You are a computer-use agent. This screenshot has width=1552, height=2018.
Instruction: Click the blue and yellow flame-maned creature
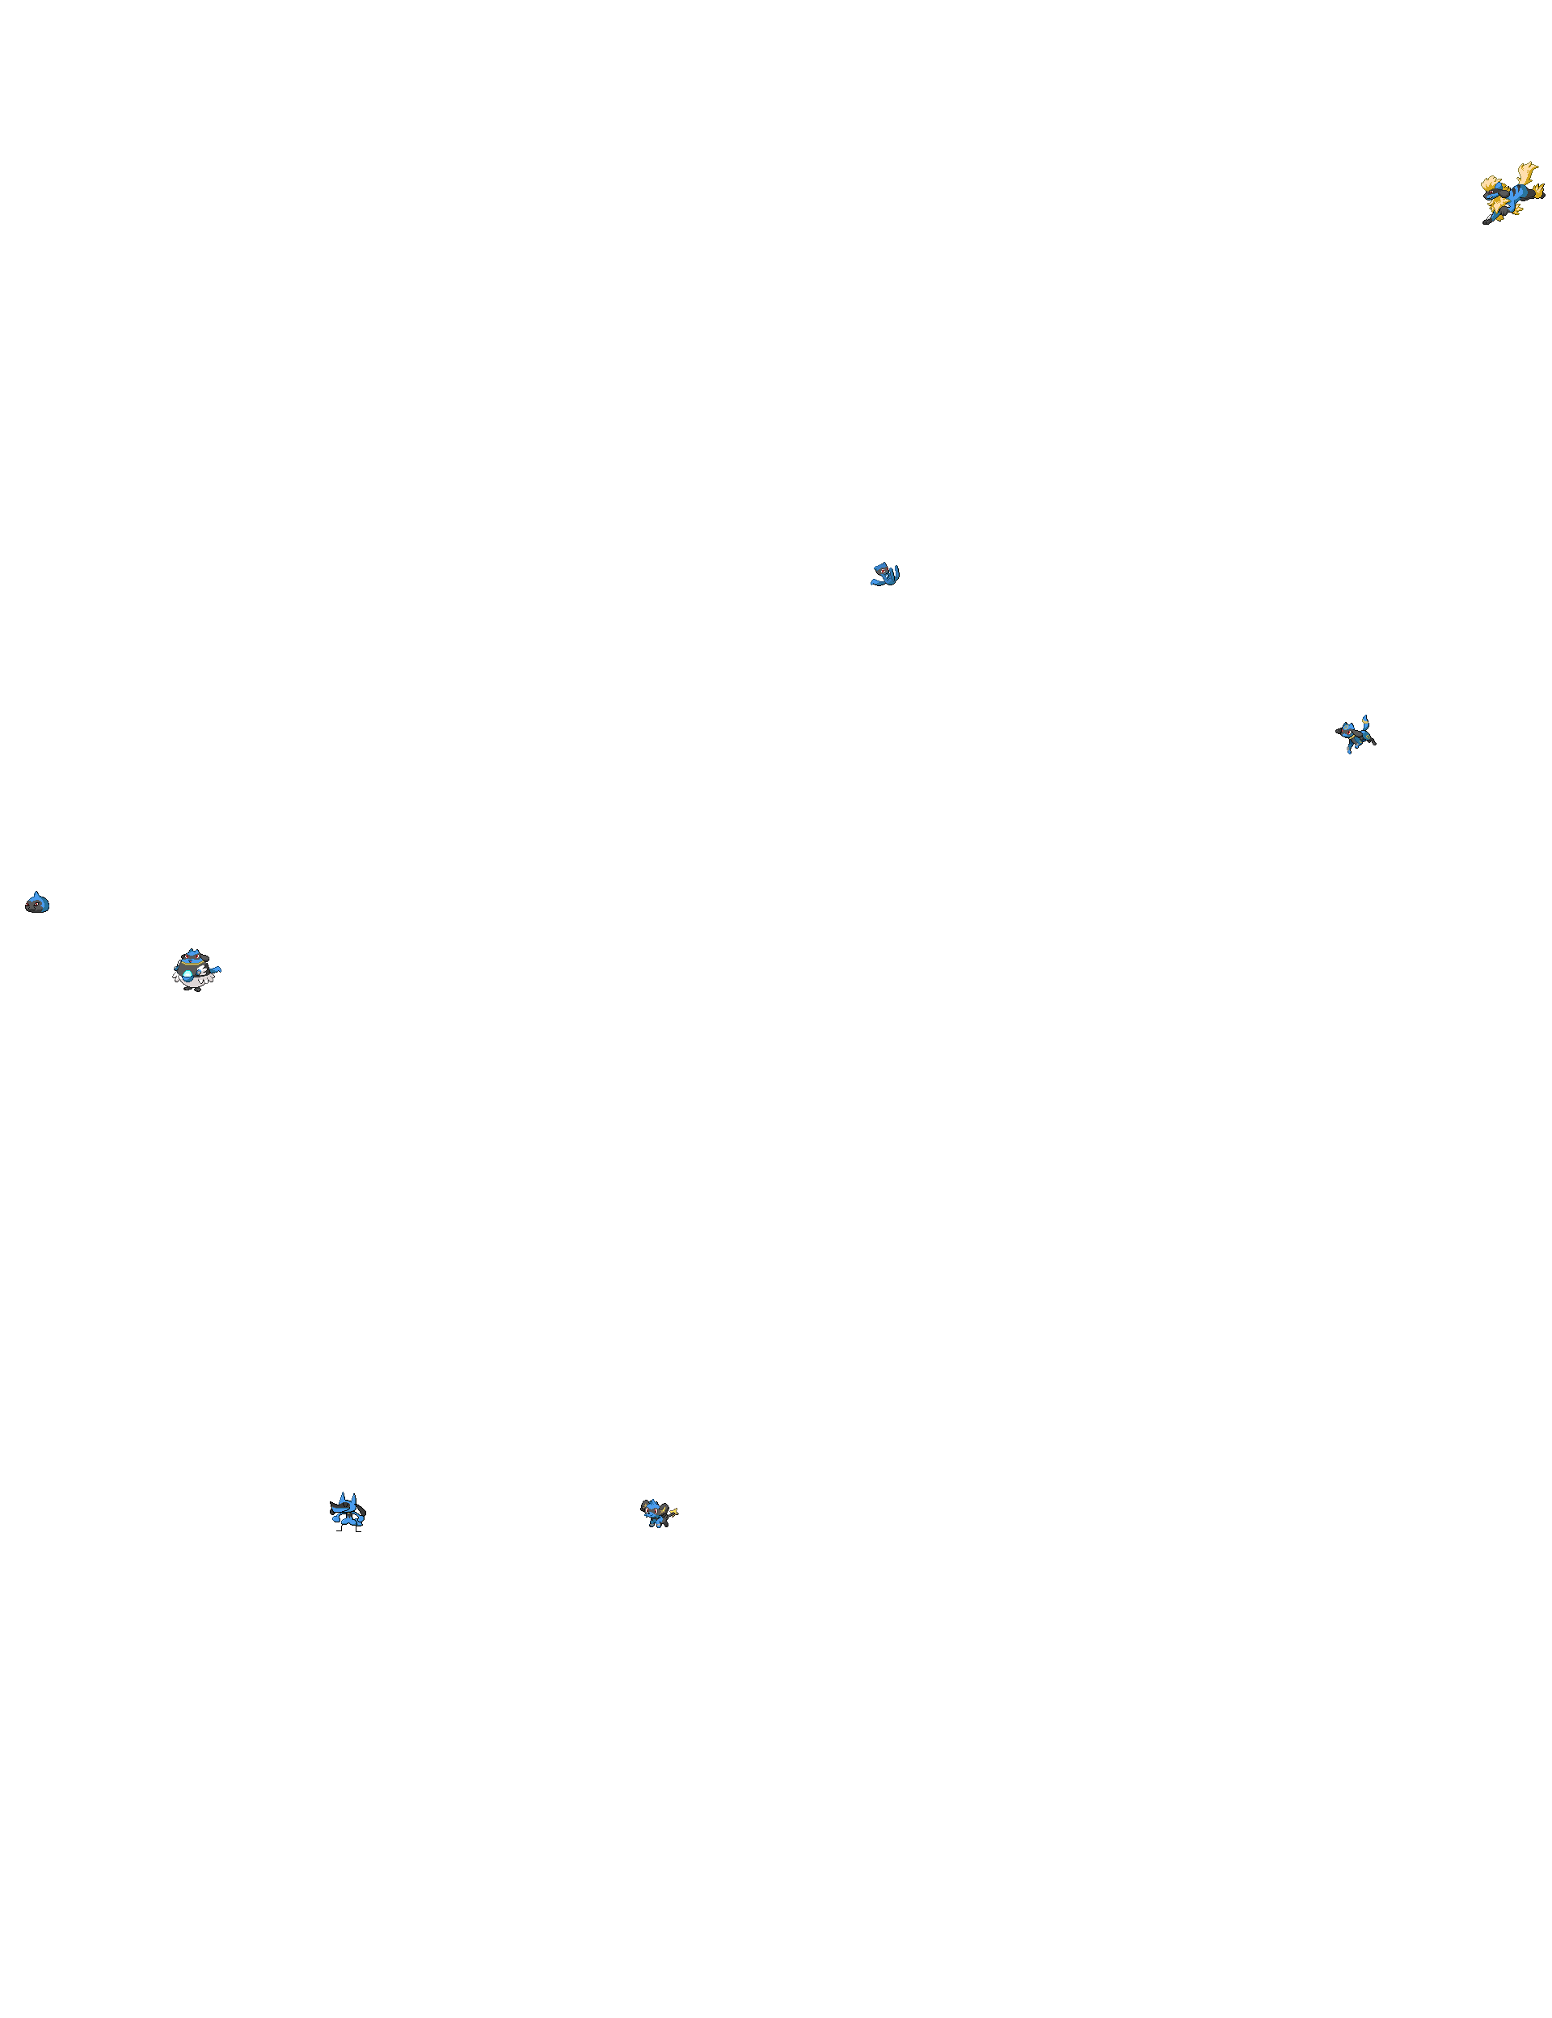click(x=1512, y=194)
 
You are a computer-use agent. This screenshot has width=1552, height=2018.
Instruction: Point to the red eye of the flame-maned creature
click(x=1491, y=192)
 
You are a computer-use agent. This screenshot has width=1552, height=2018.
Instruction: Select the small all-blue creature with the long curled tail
click(x=885, y=575)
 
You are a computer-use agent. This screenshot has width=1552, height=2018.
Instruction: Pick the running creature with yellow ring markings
click(x=1356, y=736)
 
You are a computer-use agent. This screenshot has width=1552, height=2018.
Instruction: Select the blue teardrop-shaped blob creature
click(x=37, y=903)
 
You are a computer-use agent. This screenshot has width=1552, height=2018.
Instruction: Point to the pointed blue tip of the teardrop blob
click(x=36, y=893)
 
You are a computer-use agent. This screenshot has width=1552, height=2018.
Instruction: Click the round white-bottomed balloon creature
click(x=194, y=970)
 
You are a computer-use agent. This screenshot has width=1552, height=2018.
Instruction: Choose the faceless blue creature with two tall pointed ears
click(x=348, y=1509)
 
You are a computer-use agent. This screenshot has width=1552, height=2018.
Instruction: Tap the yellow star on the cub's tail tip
click(x=673, y=1512)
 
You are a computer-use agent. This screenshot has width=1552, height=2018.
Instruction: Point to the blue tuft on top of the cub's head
click(x=652, y=1502)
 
